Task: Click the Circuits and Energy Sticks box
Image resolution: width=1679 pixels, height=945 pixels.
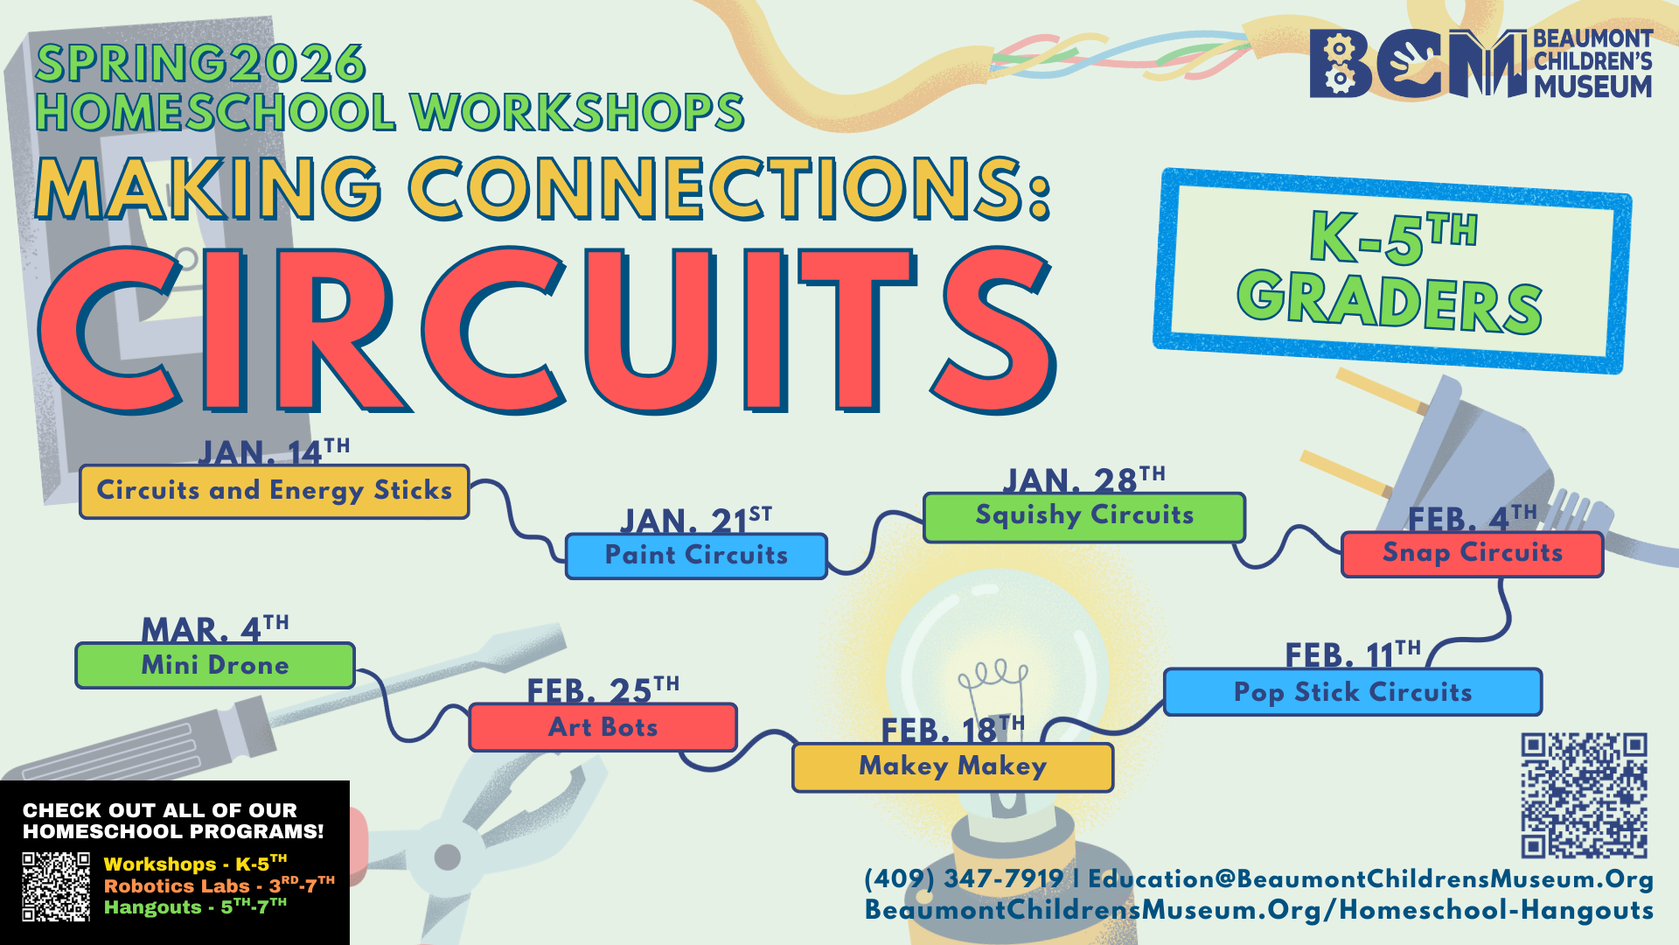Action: pyautogui.click(x=275, y=492)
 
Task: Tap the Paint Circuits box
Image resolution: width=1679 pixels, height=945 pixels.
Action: pyautogui.click(x=696, y=556)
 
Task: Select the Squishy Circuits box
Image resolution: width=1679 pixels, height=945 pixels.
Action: pyautogui.click(x=1084, y=517)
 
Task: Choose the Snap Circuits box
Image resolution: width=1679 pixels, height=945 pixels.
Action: pyautogui.click(x=1473, y=554)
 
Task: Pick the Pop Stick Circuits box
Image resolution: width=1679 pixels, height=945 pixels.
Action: pyautogui.click(x=1353, y=692)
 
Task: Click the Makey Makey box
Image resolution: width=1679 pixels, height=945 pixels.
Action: pyautogui.click(x=952, y=767)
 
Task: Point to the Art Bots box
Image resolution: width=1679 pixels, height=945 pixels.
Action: pyautogui.click(x=603, y=727)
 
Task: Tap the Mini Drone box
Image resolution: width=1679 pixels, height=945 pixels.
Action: pyautogui.click(x=215, y=666)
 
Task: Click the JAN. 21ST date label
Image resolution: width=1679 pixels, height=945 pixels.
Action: pyautogui.click(x=696, y=520)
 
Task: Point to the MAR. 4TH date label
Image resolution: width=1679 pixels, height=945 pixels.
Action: pyautogui.click(x=215, y=629)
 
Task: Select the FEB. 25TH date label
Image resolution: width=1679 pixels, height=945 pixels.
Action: pyautogui.click(x=603, y=690)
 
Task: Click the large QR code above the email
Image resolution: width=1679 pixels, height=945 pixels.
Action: pyautogui.click(x=1584, y=795)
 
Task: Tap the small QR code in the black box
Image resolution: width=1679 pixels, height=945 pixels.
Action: pyautogui.click(x=56, y=886)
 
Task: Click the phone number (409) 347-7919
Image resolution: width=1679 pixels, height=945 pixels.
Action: pyautogui.click(x=964, y=878)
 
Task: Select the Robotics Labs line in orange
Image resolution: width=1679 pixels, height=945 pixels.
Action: pyautogui.click(x=219, y=885)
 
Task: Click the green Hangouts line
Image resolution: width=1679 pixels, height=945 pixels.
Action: pyautogui.click(x=195, y=906)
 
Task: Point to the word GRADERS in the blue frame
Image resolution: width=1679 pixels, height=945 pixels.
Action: pyautogui.click(x=1390, y=302)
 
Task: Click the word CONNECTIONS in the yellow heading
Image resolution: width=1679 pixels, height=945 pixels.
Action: pyautogui.click(x=728, y=188)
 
